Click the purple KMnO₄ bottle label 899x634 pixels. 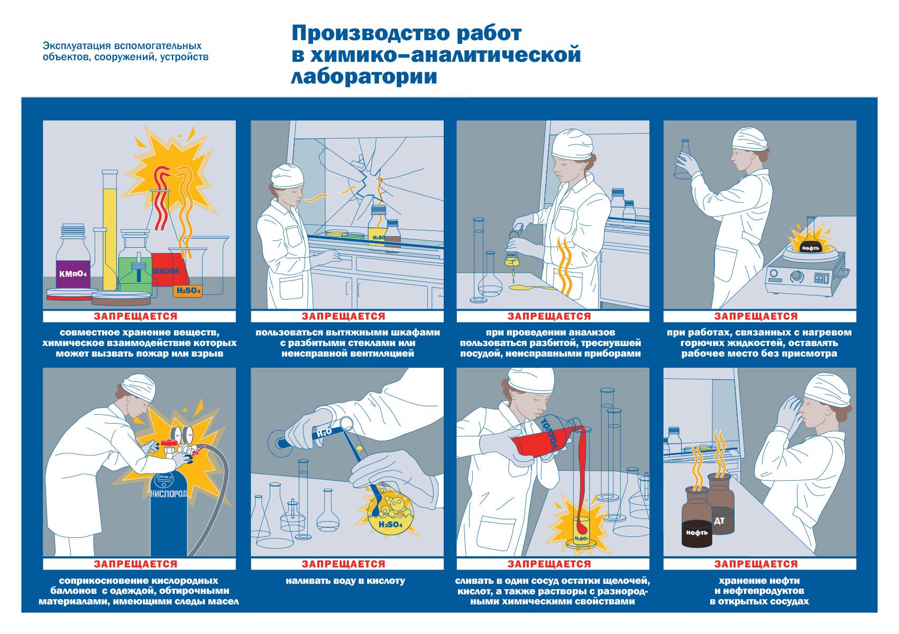click(73, 274)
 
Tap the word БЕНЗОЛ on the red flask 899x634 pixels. click(166, 271)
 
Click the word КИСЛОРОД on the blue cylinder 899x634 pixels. click(169, 493)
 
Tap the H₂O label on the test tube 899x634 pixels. click(324, 433)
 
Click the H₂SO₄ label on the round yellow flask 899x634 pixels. click(390, 525)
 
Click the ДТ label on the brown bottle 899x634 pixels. click(719, 521)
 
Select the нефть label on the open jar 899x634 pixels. click(697, 533)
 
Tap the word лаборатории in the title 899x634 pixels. click(364, 76)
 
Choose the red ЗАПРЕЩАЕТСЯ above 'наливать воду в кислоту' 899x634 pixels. click(344, 564)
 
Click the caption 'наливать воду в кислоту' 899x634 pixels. click(345, 581)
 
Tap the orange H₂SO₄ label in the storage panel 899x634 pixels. click(187, 291)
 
